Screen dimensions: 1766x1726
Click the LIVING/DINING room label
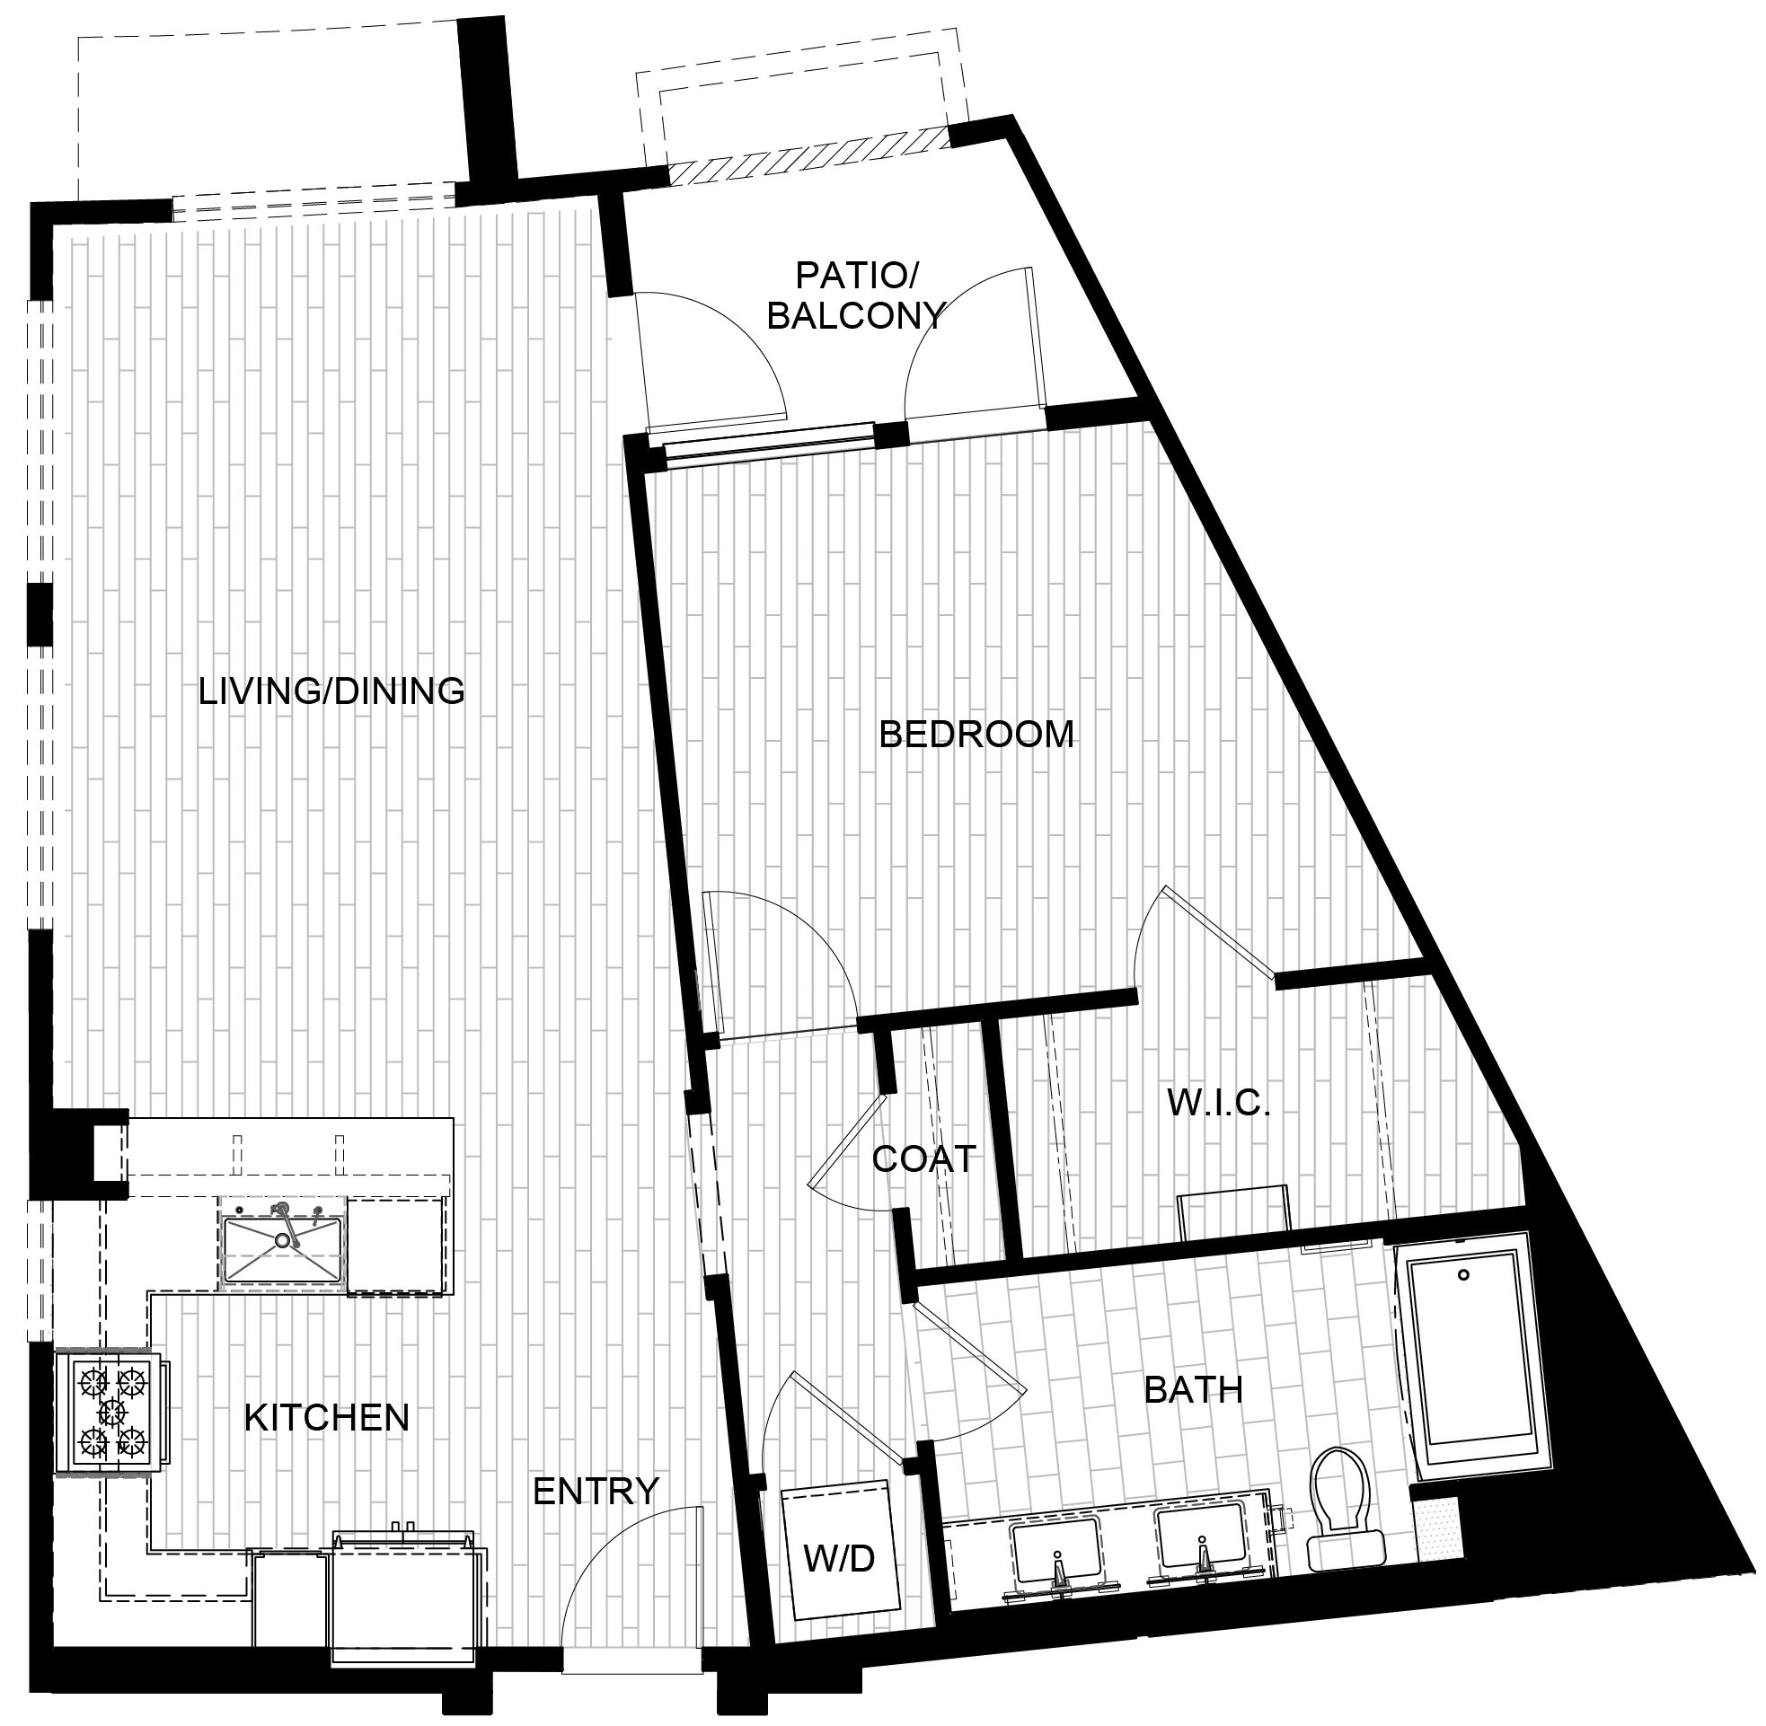click(x=331, y=691)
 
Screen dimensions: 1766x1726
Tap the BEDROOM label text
click(x=976, y=735)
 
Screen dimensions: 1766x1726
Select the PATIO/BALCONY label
click(x=856, y=295)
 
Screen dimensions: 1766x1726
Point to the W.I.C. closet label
click(x=1217, y=1104)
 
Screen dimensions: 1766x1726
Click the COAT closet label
click(x=923, y=1158)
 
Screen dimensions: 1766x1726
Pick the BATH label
click(x=1193, y=1389)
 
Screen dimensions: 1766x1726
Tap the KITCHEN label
click(x=327, y=1418)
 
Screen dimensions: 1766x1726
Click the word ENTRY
click(x=596, y=1492)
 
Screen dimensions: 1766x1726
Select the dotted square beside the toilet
click(x=1437, y=1526)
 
